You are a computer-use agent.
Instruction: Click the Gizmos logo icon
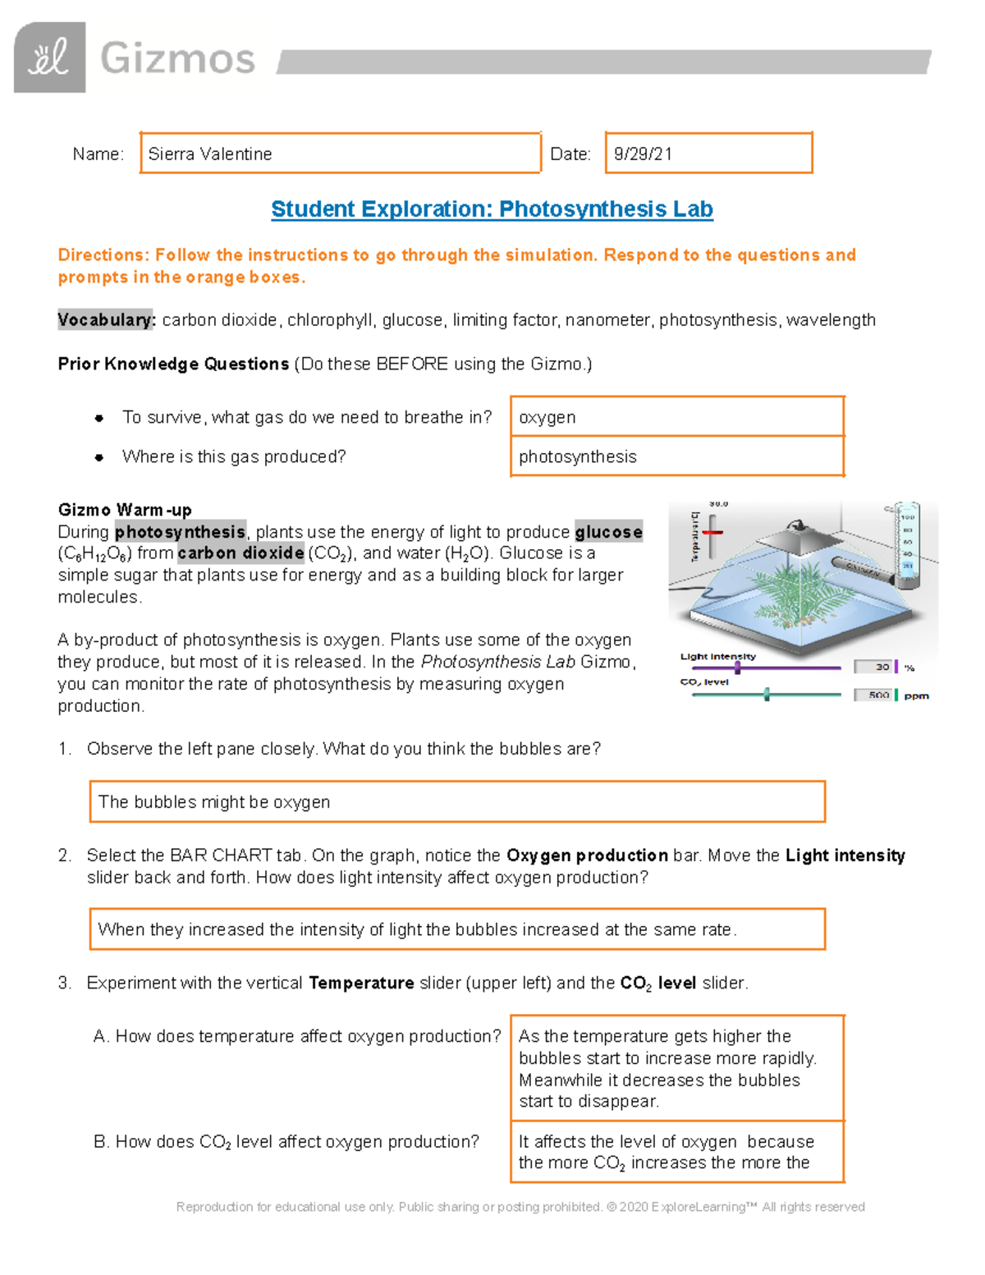click(50, 57)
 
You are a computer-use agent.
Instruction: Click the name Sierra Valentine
click(210, 154)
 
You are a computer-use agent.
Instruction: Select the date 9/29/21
click(643, 154)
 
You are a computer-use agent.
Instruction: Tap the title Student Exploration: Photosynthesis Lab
click(492, 209)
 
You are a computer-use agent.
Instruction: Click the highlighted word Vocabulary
click(106, 320)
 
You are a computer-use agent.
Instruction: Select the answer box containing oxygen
click(676, 417)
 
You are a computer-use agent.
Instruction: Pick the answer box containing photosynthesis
click(676, 456)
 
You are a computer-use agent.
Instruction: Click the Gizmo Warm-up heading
click(125, 510)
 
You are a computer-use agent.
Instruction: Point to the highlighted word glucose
click(608, 532)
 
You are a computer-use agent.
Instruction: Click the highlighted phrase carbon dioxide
click(241, 553)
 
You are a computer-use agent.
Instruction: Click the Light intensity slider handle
click(737, 668)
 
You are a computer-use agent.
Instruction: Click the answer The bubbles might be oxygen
click(214, 802)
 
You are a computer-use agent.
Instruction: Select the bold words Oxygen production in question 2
click(587, 855)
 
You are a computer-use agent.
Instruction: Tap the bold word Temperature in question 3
click(361, 983)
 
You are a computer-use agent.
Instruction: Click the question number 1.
click(65, 749)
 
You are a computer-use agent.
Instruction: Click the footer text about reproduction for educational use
click(520, 1207)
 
